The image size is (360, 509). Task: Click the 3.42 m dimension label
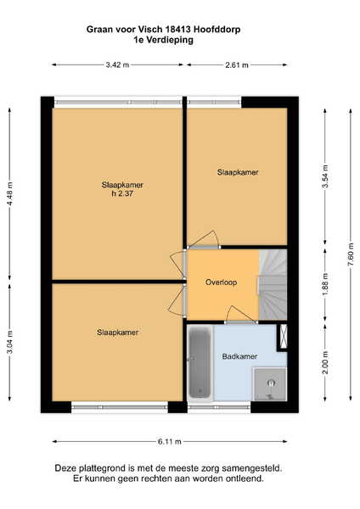click(x=117, y=65)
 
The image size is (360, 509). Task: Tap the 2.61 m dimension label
click(x=237, y=65)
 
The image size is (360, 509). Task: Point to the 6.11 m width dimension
click(x=170, y=441)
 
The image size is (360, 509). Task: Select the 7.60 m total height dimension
click(x=351, y=255)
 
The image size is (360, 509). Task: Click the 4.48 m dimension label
click(x=9, y=193)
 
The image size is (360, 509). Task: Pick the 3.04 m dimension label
click(x=9, y=342)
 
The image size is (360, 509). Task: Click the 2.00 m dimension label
click(x=325, y=362)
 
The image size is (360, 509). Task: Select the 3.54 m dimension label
click(x=325, y=176)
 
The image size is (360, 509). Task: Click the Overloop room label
click(x=221, y=282)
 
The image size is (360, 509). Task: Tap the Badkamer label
click(x=239, y=356)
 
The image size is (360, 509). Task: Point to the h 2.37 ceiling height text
click(x=122, y=193)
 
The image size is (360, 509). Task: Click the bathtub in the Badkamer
click(x=200, y=362)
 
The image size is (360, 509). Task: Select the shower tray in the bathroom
click(x=270, y=384)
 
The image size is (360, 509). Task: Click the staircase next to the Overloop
click(x=273, y=284)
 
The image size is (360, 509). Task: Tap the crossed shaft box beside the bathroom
click(x=284, y=336)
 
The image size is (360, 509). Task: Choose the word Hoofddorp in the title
click(x=217, y=30)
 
